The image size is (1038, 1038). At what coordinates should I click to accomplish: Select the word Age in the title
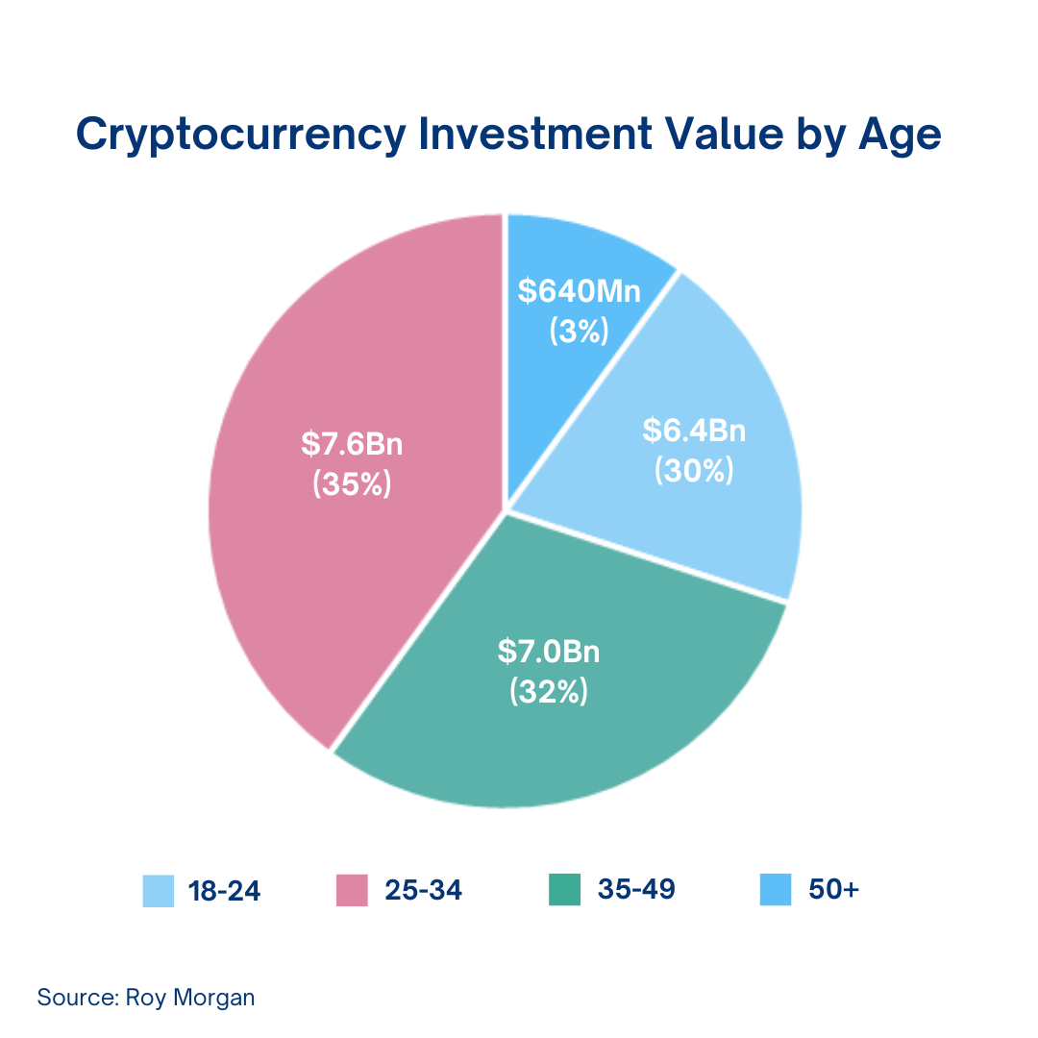pyautogui.click(x=899, y=136)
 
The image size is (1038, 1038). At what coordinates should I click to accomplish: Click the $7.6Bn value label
pyautogui.click(x=352, y=444)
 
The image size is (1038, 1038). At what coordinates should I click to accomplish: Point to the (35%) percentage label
pyautogui.click(x=352, y=484)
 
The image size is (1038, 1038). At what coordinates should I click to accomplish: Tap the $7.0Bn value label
pyautogui.click(x=549, y=652)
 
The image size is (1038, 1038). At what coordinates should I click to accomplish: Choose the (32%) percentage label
pyautogui.click(x=549, y=691)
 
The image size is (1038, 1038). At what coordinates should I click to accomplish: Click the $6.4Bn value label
pyautogui.click(x=694, y=430)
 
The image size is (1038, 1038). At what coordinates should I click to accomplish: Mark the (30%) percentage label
pyautogui.click(x=694, y=470)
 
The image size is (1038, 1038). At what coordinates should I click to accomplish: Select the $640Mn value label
pyautogui.click(x=579, y=291)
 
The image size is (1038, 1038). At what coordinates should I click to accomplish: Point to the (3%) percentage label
pyautogui.click(x=579, y=331)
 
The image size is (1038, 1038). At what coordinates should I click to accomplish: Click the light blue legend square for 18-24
pyautogui.click(x=159, y=890)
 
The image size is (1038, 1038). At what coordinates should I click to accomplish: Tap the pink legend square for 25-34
pyautogui.click(x=352, y=890)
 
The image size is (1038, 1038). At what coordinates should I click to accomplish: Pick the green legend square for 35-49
pyautogui.click(x=564, y=890)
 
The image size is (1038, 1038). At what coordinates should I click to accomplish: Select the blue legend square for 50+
pyautogui.click(x=776, y=890)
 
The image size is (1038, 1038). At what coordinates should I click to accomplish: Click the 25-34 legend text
pyautogui.click(x=423, y=891)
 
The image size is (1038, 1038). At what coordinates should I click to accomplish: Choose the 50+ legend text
pyautogui.click(x=834, y=891)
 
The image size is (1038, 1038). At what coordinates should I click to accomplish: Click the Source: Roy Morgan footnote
pyautogui.click(x=146, y=997)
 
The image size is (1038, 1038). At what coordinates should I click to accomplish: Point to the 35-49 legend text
pyautogui.click(x=636, y=891)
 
